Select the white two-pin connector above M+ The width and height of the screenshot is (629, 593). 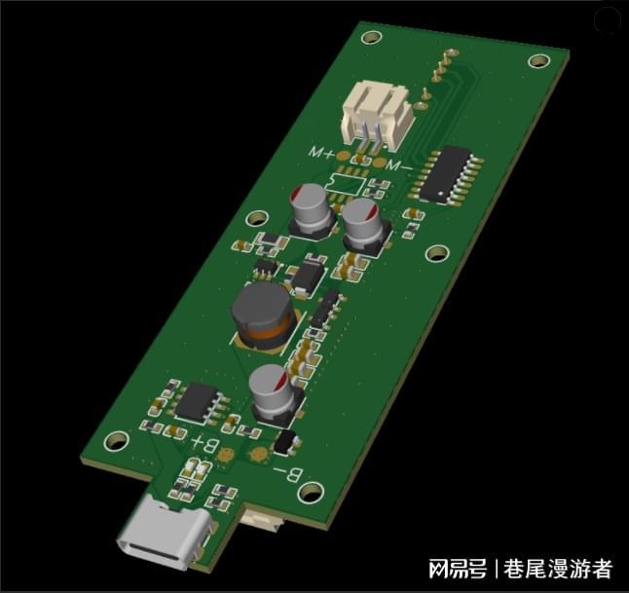pyautogui.click(x=375, y=114)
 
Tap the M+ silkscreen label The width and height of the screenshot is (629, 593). pyautogui.click(x=321, y=153)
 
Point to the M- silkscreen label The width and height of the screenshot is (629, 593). pyautogui.click(x=400, y=166)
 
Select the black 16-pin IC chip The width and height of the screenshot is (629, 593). pyautogui.click(x=447, y=175)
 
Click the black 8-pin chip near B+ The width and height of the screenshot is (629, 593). pyautogui.click(x=202, y=401)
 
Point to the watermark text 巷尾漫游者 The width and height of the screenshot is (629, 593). pyautogui.click(x=558, y=569)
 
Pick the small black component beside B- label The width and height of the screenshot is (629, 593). pyautogui.click(x=285, y=441)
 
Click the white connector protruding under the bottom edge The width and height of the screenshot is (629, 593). pyautogui.click(x=263, y=521)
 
